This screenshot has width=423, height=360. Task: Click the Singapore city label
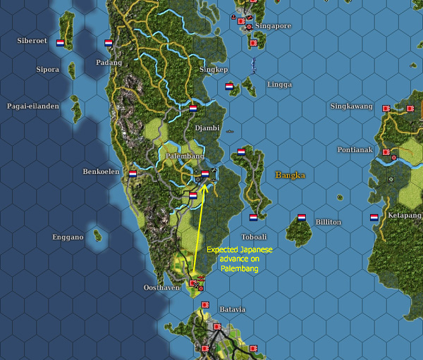pyautogui.click(x=274, y=26)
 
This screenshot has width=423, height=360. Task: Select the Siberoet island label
pyautogui.click(x=32, y=41)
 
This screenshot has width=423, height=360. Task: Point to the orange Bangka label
pyautogui.click(x=290, y=175)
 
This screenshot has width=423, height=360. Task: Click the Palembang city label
pyautogui.click(x=185, y=156)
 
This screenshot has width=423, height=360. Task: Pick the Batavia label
pyautogui.click(x=231, y=309)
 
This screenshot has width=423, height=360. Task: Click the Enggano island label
pyautogui.click(x=68, y=237)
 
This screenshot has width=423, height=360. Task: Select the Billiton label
pyautogui.click(x=328, y=222)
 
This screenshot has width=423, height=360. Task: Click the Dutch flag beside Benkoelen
pyautogui.click(x=133, y=173)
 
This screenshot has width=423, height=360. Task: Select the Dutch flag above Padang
pyautogui.click(x=109, y=43)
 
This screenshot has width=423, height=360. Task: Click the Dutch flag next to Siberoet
pyautogui.click(x=61, y=43)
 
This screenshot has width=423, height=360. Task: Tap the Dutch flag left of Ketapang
pyautogui.click(x=374, y=218)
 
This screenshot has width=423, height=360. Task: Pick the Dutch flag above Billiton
pyautogui.click(x=302, y=218)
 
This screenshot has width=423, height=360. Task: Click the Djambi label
pyautogui.click(x=207, y=128)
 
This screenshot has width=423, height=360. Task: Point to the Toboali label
pyautogui.click(x=255, y=237)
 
